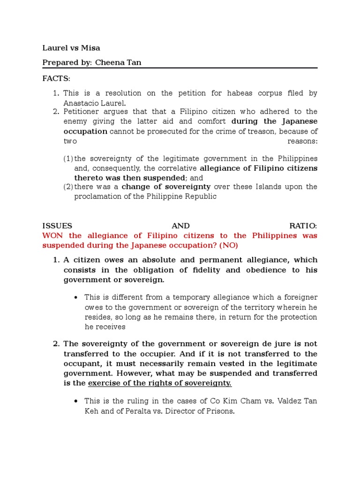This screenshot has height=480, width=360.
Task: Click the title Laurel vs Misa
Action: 71,48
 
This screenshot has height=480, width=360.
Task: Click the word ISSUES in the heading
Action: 57,225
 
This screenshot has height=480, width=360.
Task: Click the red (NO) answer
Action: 227,246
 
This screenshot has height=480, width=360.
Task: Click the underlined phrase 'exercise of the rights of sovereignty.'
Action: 160,383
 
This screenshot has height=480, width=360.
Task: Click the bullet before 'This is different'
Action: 75,297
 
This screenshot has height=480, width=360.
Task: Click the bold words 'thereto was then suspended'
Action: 129,178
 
